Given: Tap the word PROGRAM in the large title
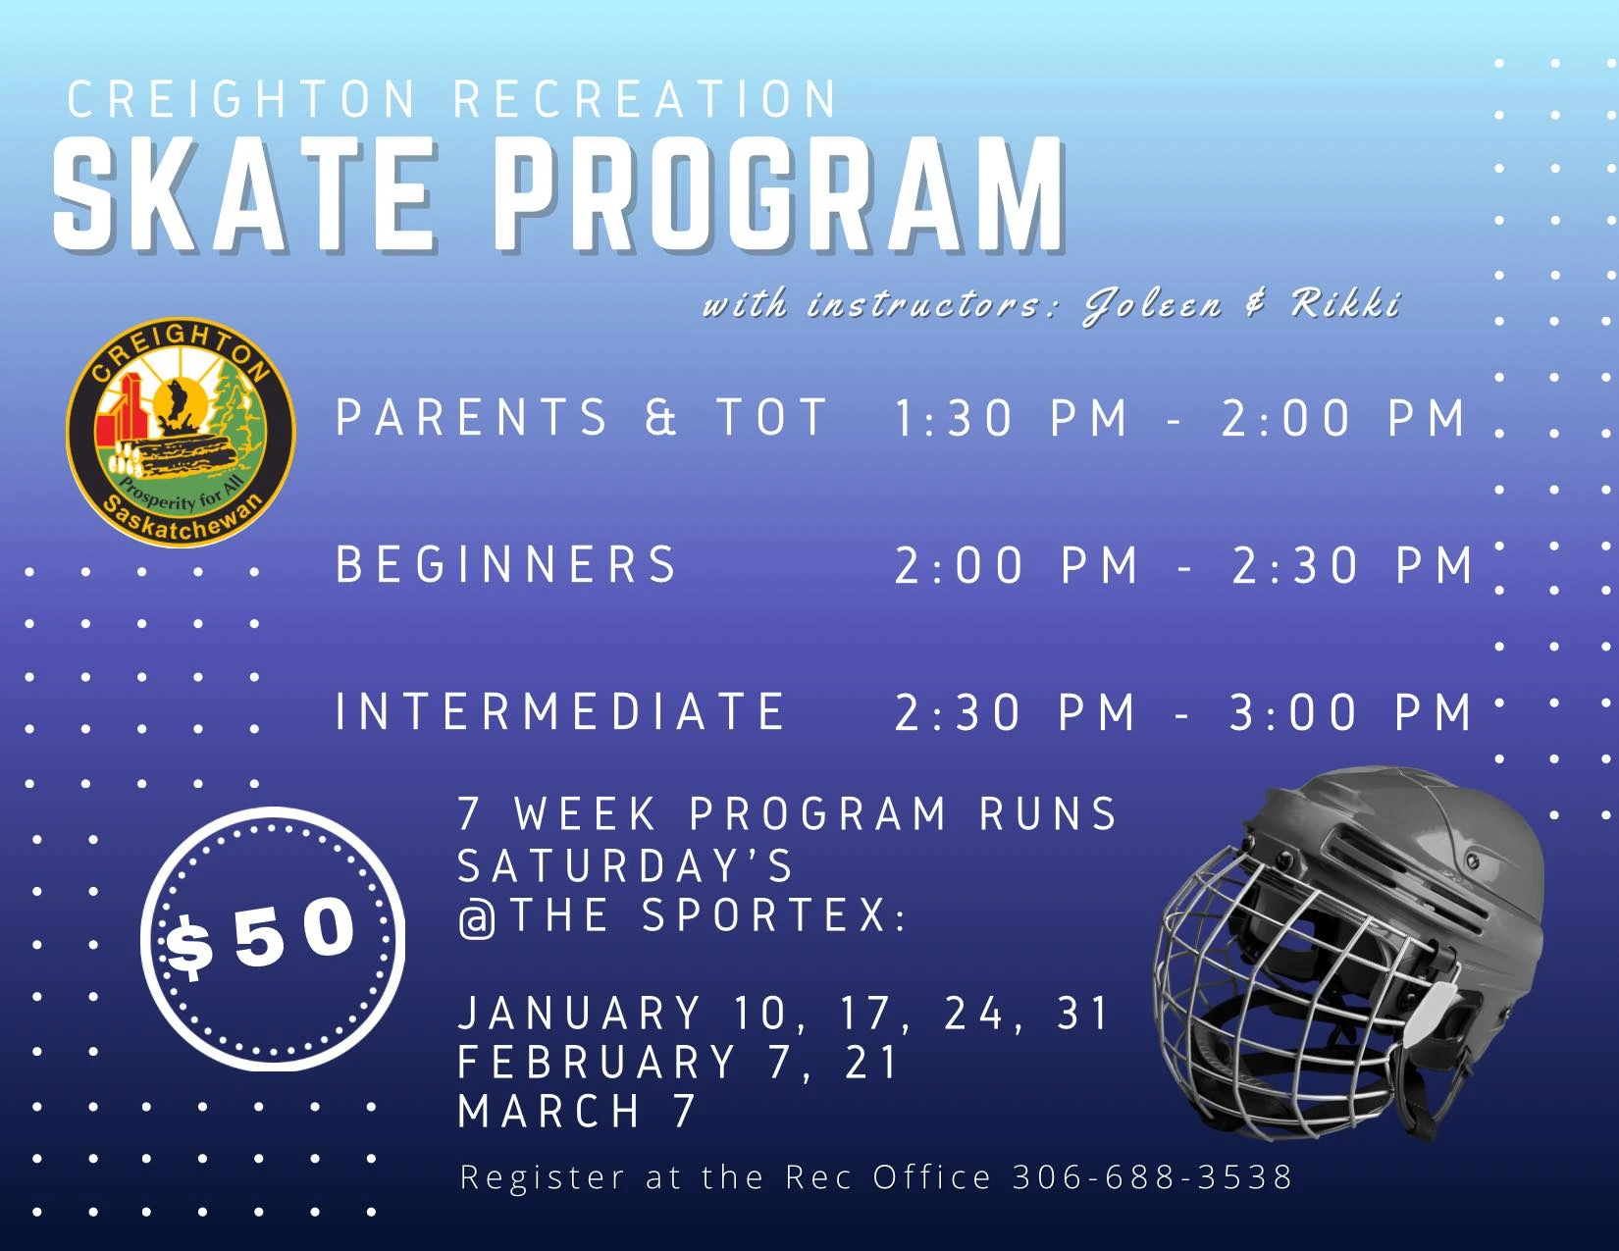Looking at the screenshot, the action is (779, 195).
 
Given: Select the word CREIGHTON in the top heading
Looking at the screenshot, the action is (241, 99).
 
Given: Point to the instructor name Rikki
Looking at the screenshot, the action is (1345, 304).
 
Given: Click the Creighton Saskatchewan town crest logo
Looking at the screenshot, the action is (182, 432).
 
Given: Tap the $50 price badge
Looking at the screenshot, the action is (273, 939).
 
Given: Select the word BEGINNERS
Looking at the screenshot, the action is (506, 564).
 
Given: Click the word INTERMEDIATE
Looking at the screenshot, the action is (560, 710).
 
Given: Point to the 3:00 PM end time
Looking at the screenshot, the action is (1350, 712).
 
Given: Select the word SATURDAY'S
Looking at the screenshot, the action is (625, 865).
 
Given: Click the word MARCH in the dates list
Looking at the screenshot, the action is (548, 1111).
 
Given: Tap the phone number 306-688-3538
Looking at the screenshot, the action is (1152, 1177).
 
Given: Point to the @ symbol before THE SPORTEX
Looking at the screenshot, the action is (477, 917).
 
